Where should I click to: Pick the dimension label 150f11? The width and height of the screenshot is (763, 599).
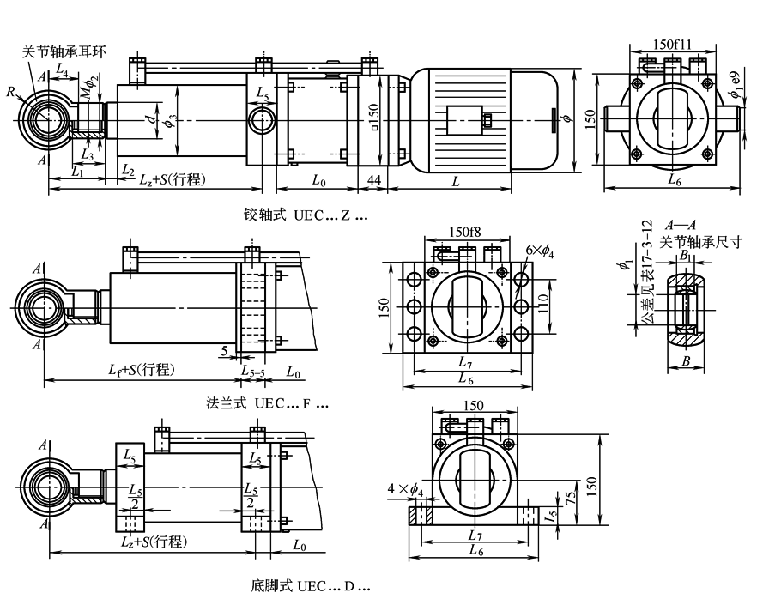click(674, 44)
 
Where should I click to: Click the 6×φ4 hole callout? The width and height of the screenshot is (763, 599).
click(540, 249)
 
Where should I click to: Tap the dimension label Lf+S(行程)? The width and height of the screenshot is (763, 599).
click(142, 369)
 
